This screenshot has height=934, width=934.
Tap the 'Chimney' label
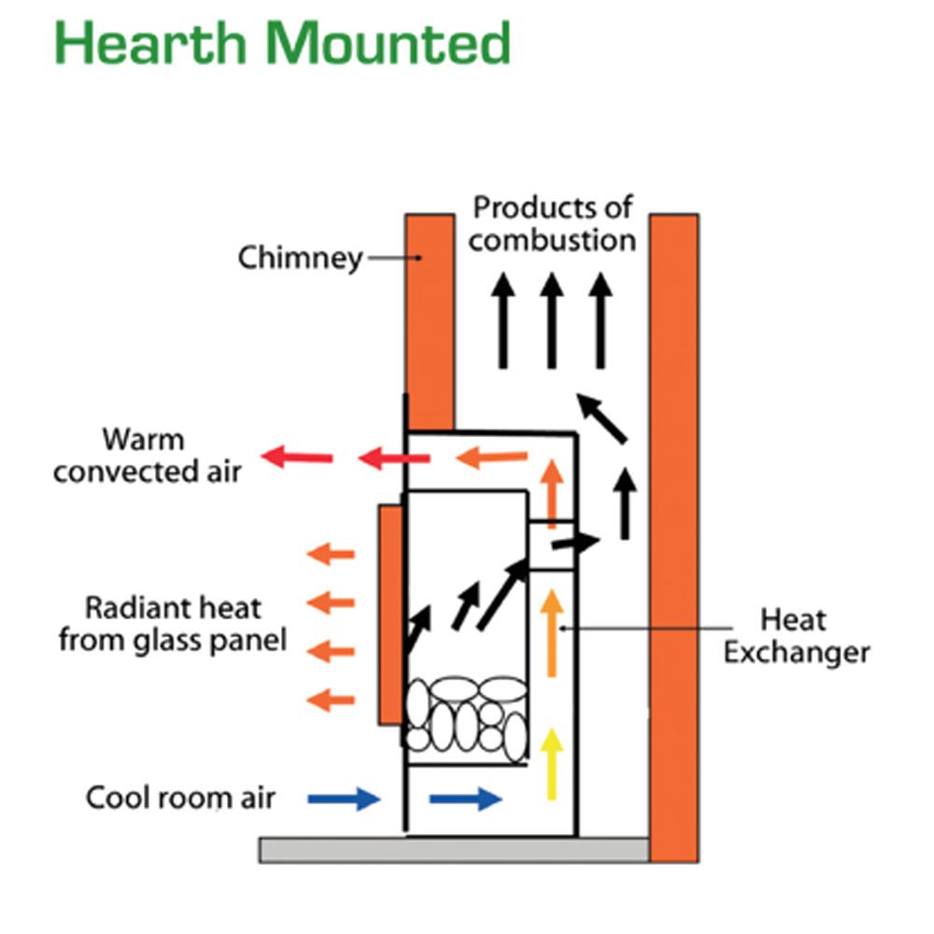click(x=300, y=257)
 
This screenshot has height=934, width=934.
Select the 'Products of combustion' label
click(x=552, y=223)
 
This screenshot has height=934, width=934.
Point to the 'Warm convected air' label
click(x=147, y=455)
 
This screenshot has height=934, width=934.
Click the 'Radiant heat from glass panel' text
click(x=173, y=624)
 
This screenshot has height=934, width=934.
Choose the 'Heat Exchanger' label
click(x=796, y=635)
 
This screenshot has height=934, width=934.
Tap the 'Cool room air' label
click(x=181, y=799)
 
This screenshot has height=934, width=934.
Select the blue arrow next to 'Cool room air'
click(x=344, y=799)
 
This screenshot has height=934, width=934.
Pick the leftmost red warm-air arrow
click(x=297, y=457)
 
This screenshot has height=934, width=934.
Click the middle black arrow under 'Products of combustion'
click(x=552, y=318)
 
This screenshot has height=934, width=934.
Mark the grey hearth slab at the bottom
click(x=453, y=849)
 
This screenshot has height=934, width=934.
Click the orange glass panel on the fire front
click(x=389, y=615)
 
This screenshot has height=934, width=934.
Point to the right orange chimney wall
click(x=673, y=537)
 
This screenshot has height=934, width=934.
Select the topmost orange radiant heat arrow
click(x=331, y=555)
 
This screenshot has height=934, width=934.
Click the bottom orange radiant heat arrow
click(x=331, y=698)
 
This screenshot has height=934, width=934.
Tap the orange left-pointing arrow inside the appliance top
click(x=492, y=458)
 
